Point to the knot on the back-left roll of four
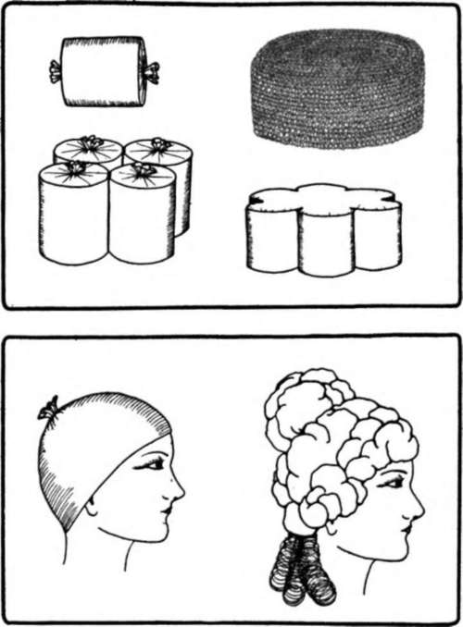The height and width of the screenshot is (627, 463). click(89, 143)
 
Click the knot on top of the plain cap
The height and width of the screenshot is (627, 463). click(47, 411)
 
